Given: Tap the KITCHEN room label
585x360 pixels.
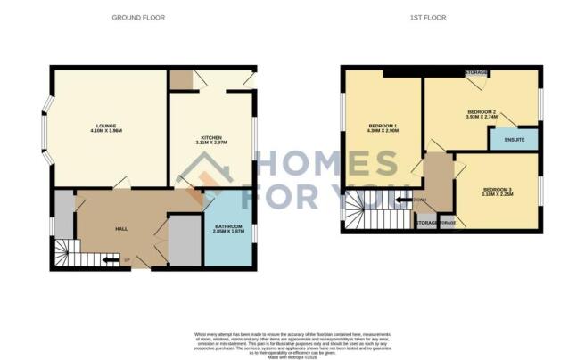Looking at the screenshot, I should pyautogui.click(x=210, y=137).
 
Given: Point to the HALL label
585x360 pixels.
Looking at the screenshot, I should pyautogui.click(x=120, y=229).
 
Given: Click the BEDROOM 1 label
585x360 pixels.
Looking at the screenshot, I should pyautogui.click(x=383, y=126).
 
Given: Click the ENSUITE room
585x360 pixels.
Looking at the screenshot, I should pyautogui.click(x=513, y=138).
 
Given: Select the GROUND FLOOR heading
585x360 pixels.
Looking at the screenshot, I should pyautogui.click(x=138, y=18).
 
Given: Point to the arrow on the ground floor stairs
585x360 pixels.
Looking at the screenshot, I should pyautogui.click(x=111, y=260).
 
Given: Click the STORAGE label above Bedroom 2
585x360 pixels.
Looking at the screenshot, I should pyautogui.click(x=474, y=71).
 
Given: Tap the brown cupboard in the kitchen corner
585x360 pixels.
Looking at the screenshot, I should pyautogui.click(x=182, y=79).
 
